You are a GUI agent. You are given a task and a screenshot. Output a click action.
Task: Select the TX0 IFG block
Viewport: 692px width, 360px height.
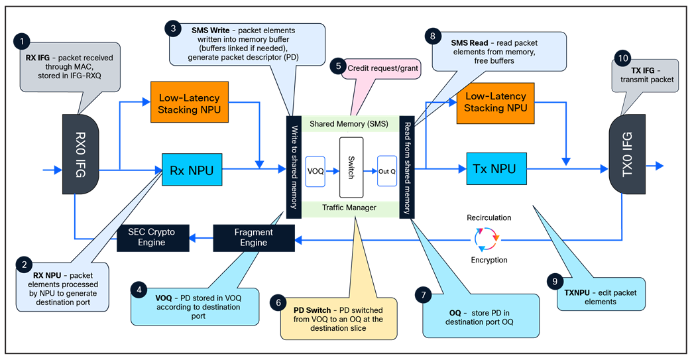[x=627, y=154]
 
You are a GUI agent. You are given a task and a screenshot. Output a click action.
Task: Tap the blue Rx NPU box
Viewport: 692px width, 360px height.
[x=192, y=170]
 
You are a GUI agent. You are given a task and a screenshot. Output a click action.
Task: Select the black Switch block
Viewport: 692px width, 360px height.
[x=351, y=167]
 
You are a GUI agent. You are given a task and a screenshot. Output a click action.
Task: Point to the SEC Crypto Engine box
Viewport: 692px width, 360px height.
[x=150, y=237]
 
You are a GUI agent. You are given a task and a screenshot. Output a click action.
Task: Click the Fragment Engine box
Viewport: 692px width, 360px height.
[x=253, y=237]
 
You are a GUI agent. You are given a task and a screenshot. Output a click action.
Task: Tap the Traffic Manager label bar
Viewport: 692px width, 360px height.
[x=350, y=208]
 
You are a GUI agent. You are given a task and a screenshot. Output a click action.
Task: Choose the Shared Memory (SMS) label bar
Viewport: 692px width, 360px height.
[x=350, y=124]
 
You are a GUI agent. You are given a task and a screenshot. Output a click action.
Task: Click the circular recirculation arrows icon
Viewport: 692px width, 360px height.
[x=486, y=238]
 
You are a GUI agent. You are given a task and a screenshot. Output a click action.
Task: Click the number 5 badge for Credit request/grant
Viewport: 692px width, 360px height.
[x=339, y=66]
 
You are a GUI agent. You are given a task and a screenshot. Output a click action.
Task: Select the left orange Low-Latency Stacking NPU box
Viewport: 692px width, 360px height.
[x=190, y=102]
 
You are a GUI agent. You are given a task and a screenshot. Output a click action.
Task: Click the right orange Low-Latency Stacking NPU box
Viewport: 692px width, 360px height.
[x=496, y=102]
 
